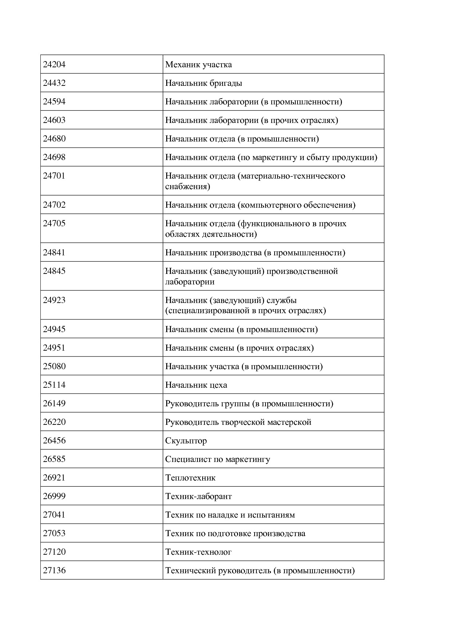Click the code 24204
point(54,65)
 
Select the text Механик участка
point(198,65)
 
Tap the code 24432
point(54,83)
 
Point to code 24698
point(54,157)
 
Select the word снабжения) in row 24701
point(188,187)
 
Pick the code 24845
point(54,271)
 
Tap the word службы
point(282,300)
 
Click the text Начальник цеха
point(196,385)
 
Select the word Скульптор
point(186,441)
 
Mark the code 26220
point(54,422)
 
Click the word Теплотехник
point(190,478)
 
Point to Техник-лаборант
point(198,497)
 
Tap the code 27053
point(54,534)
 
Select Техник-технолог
point(198,552)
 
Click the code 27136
point(54,571)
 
